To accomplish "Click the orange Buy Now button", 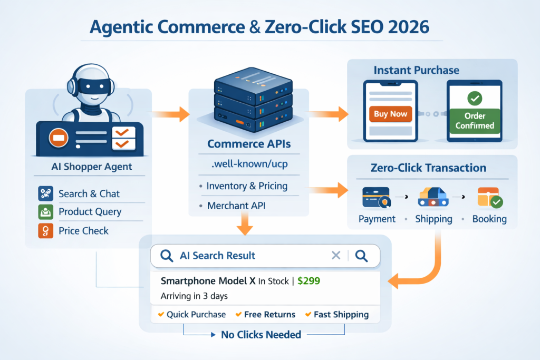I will tap(391, 114).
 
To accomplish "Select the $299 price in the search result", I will tap(308, 281).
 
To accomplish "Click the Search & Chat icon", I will tap(46, 193).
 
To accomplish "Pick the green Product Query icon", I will tap(46, 212).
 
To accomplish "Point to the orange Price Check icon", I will tap(46, 230).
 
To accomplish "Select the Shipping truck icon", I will tap(433, 197).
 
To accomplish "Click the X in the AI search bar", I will tap(336, 256).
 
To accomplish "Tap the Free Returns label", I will tap(269, 315).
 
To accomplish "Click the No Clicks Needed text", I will tap(261, 334).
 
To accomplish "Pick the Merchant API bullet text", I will tap(236, 206).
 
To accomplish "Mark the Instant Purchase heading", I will tap(416, 70).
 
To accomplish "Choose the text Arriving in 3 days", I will tap(194, 296).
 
